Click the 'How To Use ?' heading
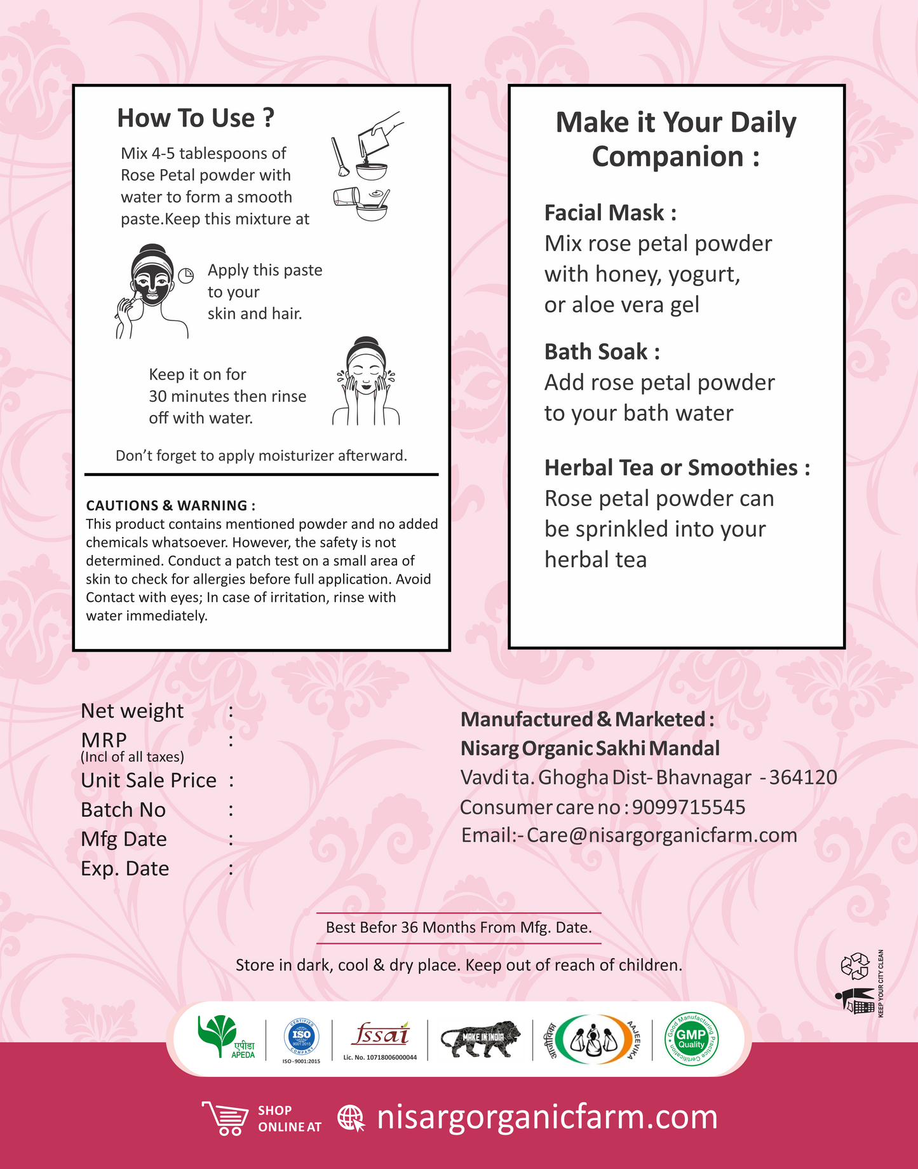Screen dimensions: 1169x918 196,118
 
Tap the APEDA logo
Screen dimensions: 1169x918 226,1037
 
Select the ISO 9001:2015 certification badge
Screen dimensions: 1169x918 301,1037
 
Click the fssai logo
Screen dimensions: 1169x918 380,1035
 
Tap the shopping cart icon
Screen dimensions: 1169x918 226,1118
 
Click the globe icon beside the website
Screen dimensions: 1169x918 351,1118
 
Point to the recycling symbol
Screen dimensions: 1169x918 854,965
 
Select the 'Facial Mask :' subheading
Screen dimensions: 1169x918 610,213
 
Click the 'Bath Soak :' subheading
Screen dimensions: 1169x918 602,352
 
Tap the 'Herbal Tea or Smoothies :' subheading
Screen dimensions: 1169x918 677,468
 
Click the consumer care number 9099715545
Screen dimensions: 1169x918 689,807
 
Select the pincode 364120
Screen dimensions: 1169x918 803,777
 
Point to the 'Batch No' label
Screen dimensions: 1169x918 123,810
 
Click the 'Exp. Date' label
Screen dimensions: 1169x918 125,868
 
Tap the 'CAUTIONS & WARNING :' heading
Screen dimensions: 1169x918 170,505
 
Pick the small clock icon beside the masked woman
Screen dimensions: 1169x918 186,275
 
